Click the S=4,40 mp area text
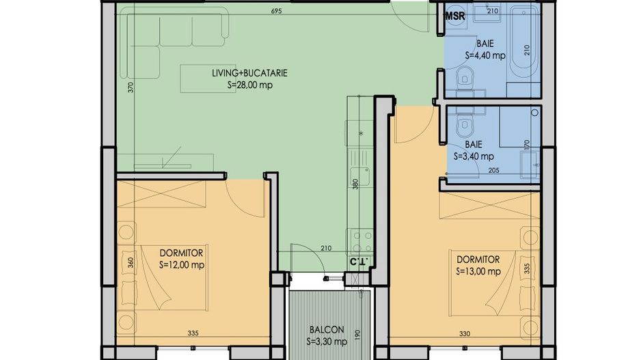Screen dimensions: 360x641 click(485, 56)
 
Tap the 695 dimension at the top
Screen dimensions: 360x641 click(276, 12)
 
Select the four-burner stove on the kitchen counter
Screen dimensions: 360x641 click(361, 240)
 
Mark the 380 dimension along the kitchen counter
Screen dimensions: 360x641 click(355, 185)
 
